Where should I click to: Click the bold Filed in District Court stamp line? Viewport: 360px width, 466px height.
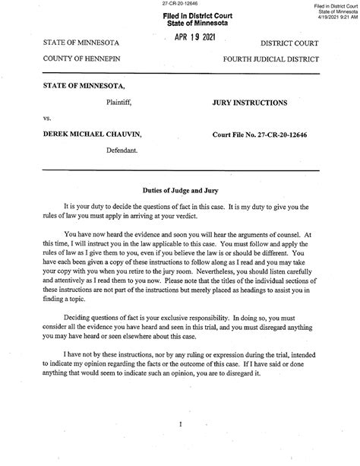click(x=181, y=16)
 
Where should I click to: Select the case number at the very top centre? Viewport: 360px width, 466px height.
click(x=180, y=5)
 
